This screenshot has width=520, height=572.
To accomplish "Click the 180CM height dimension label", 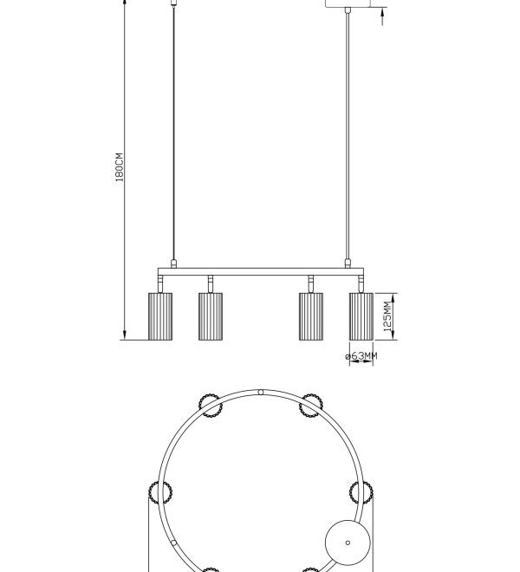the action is tap(120, 167).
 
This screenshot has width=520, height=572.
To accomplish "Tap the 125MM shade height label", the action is tap(387, 316).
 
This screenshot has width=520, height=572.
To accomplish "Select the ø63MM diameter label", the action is tap(361, 355).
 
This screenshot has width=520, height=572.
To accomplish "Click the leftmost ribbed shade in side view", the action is tap(160, 316).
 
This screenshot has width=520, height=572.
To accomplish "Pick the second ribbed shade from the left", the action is tap(211, 316).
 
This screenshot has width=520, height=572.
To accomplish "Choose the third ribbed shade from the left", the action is tap(311, 316).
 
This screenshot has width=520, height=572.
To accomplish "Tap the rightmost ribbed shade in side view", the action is tap(361, 316).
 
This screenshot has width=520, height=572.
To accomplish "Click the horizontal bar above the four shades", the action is tap(261, 272).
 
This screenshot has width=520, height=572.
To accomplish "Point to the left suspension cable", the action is tap(173, 133).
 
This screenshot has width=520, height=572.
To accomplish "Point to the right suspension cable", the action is tap(348, 136).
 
